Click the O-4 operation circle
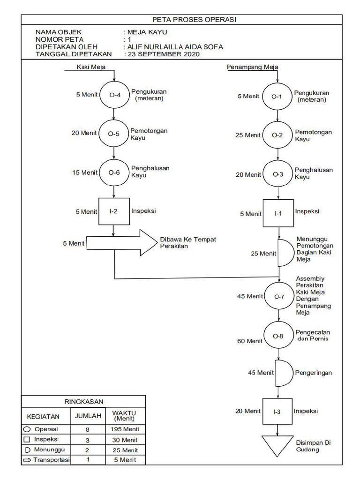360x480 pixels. [115, 95]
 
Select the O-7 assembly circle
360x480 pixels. [279, 297]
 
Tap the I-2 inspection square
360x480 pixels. [114, 212]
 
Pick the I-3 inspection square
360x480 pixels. [277, 412]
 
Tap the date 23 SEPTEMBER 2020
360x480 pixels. [164, 54]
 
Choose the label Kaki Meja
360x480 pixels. [91, 67]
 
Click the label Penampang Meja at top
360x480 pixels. [253, 67]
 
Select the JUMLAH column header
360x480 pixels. [88, 415]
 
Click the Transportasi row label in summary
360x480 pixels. [51, 460]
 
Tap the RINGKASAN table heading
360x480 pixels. [83, 401]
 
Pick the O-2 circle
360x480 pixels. [278, 135]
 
